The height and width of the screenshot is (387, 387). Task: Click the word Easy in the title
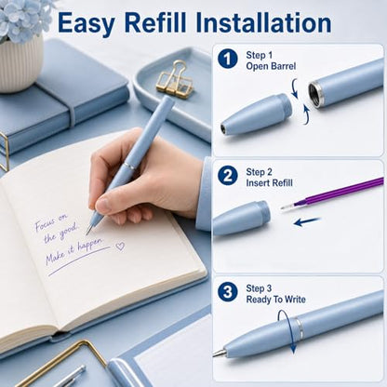[x=86, y=23]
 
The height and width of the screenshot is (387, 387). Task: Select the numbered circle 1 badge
[x=228, y=59]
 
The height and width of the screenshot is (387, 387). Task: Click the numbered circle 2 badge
[x=228, y=176]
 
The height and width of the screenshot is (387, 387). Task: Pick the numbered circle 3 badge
[x=228, y=292]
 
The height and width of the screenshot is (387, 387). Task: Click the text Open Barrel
[x=271, y=66]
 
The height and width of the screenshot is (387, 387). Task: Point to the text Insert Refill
[x=269, y=183]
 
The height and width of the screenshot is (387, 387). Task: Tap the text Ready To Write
[x=275, y=300]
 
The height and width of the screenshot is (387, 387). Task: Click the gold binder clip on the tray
[x=175, y=80]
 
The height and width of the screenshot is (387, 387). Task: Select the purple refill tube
[x=332, y=193]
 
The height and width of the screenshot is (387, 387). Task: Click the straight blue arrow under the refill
[x=306, y=221]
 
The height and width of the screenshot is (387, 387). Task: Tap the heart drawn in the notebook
[x=120, y=247]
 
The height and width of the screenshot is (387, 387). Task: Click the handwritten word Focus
[x=45, y=224]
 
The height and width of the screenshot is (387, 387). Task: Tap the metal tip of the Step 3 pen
[x=219, y=353]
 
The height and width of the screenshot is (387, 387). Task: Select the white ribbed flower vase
[x=20, y=63]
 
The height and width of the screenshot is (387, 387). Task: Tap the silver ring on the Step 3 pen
[x=299, y=329]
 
